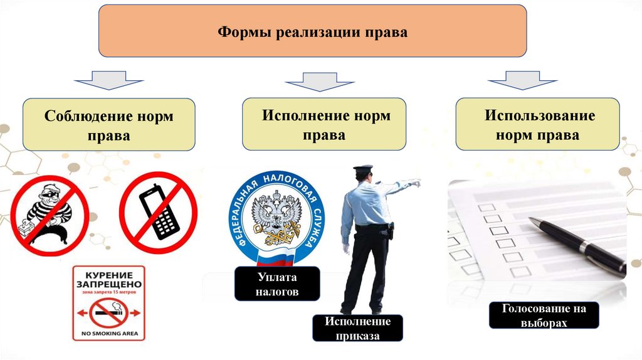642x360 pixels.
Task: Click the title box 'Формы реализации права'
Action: click(312, 31)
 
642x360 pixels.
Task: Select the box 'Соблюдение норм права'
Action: click(109, 125)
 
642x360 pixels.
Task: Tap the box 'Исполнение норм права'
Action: click(324, 124)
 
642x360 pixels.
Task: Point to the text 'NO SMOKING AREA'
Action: click(108, 333)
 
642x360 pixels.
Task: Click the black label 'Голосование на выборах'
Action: click(544, 315)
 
